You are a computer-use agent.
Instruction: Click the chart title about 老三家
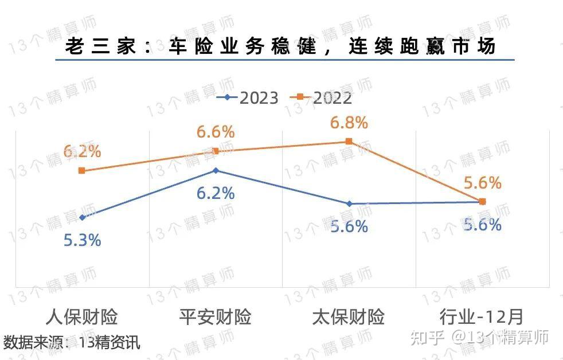click(x=281, y=46)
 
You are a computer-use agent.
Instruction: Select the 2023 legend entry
click(x=248, y=98)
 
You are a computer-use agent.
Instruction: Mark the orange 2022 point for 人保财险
click(x=82, y=170)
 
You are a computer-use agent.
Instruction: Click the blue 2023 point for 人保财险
click(x=83, y=217)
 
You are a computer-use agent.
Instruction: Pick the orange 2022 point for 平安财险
click(x=216, y=151)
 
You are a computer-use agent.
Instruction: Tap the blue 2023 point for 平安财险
click(x=216, y=170)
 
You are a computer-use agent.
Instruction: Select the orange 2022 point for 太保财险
click(x=349, y=142)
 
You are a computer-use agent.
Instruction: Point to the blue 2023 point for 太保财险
click(x=349, y=204)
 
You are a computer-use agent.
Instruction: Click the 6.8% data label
click(x=349, y=123)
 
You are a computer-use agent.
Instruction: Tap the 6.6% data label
click(x=216, y=132)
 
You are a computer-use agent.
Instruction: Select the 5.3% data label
click(x=83, y=240)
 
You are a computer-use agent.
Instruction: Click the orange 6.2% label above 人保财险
click(x=83, y=152)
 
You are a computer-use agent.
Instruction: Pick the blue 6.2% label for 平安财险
click(x=216, y=193)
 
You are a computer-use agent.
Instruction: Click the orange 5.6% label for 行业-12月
click(x=483, y=183)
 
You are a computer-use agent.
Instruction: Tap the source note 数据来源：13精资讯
click(x=72, y=343)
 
